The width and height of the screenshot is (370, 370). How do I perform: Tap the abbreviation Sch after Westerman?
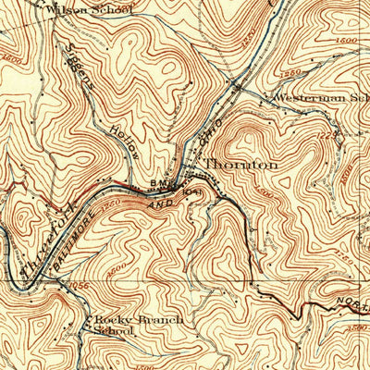pyautogui.click(x=360, y=96)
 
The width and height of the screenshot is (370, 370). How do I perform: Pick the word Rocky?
pyautogui.click(x=111, y=319)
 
